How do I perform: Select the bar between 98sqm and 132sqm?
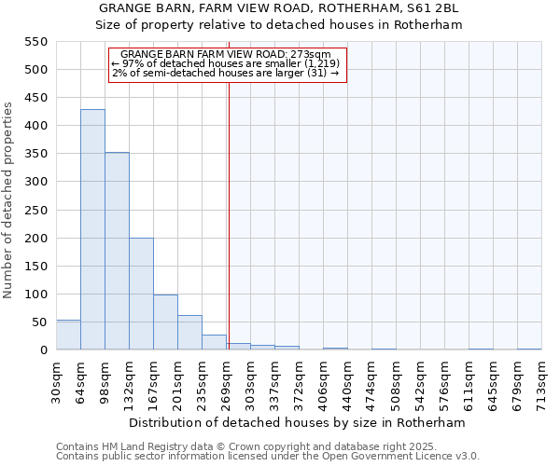tap(117, 251)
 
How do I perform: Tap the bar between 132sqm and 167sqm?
tap(141, 294)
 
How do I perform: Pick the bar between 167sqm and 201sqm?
tap(165, 322)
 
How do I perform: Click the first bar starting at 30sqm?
tap(68, 335)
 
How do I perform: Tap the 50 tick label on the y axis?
tap(38, 322)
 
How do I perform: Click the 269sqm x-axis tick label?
tap(226, 381)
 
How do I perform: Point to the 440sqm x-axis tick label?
tap(347, 381)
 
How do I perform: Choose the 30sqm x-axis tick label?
tap(56, 379)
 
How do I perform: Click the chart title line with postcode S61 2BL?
tap(280, 8)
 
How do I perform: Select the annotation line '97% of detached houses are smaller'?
tap(225, 63)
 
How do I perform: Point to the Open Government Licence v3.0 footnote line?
tap(268, 456)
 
